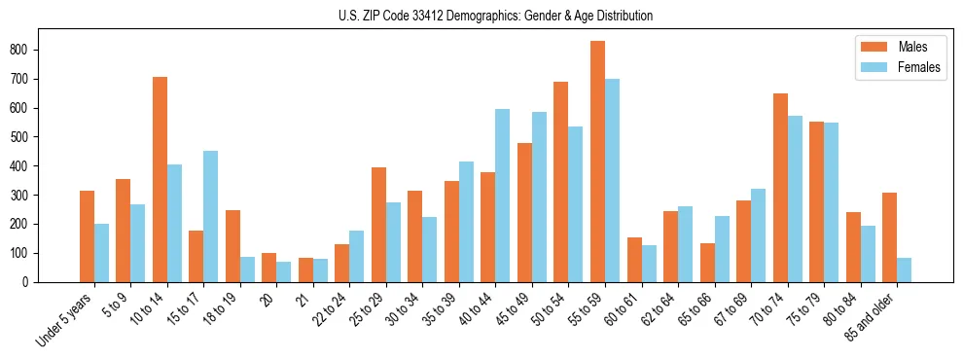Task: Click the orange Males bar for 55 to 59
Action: pos(597,162)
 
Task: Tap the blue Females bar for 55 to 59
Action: pos(612,180)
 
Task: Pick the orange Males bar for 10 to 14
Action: pos(160,179)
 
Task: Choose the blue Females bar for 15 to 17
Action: pos(210,216)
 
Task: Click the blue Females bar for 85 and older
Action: pos(904,270)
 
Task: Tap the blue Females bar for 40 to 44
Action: pos(502,196)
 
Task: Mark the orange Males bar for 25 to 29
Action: pos(378,225)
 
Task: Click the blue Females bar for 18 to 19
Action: pos(247,270)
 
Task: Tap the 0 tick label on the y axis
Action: pos(31,282)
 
